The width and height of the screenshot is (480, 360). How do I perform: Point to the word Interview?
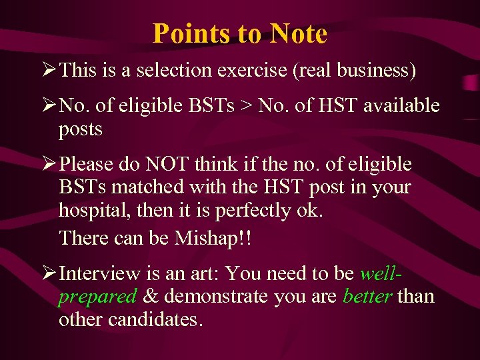(x=100, y=273)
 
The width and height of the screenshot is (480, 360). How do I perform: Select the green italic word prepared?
(x=98, y=296)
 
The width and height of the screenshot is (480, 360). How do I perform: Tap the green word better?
(x=367, y=296)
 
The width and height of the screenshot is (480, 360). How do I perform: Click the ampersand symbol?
(x=150, y=296)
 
